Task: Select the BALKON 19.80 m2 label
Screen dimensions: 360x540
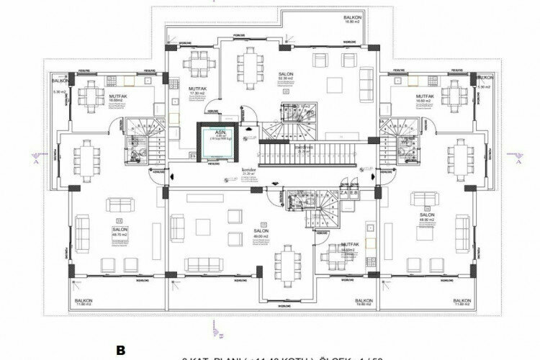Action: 364,302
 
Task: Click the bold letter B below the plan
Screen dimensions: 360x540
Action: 120,351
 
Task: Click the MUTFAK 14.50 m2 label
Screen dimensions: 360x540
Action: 350,246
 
